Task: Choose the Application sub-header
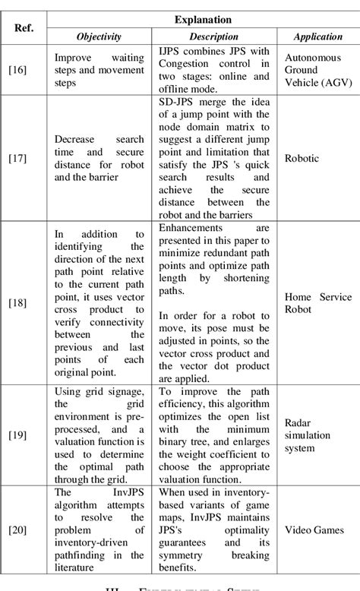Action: (x=316, y=36)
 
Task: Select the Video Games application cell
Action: (x=314, y=529)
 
